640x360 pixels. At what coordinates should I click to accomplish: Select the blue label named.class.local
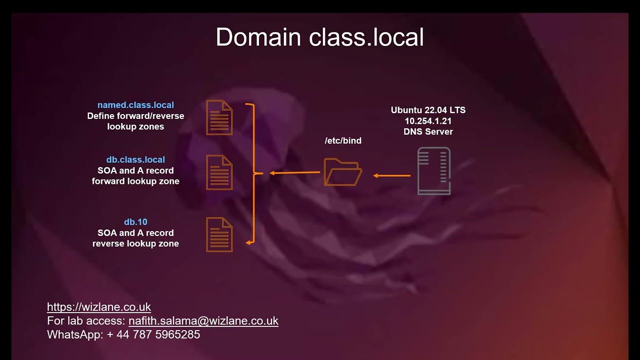pos(135,105)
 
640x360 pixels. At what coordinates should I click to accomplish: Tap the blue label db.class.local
pos(135,159)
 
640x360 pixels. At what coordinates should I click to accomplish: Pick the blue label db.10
pos(135,221)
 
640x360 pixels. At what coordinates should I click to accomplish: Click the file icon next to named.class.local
pos(219,117)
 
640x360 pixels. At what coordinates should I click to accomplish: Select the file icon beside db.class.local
pos(219,172)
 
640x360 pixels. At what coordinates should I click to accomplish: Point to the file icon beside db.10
pos(219,234)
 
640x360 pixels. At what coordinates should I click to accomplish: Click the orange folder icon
pos(342,172)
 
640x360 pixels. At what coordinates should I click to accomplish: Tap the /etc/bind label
pos(343,140)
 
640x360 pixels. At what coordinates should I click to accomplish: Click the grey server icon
pos(434,171)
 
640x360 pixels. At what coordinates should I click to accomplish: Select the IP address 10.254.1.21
pos(428,121)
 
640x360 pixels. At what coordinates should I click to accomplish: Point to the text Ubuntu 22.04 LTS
pos(428,110)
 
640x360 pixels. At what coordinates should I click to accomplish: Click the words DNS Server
pos(428,131)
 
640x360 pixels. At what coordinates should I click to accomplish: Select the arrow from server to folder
pos(392,175)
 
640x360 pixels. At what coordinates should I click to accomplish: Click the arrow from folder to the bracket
pos(294,173)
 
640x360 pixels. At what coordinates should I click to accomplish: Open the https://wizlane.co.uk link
pos(99,307)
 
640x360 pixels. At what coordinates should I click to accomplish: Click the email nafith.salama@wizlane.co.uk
pos(203,321)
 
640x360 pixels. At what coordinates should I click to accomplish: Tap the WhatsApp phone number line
pos(123,334)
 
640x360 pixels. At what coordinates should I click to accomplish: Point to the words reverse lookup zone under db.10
pos(135,243)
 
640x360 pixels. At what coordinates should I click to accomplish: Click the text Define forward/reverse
pos(135,116)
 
